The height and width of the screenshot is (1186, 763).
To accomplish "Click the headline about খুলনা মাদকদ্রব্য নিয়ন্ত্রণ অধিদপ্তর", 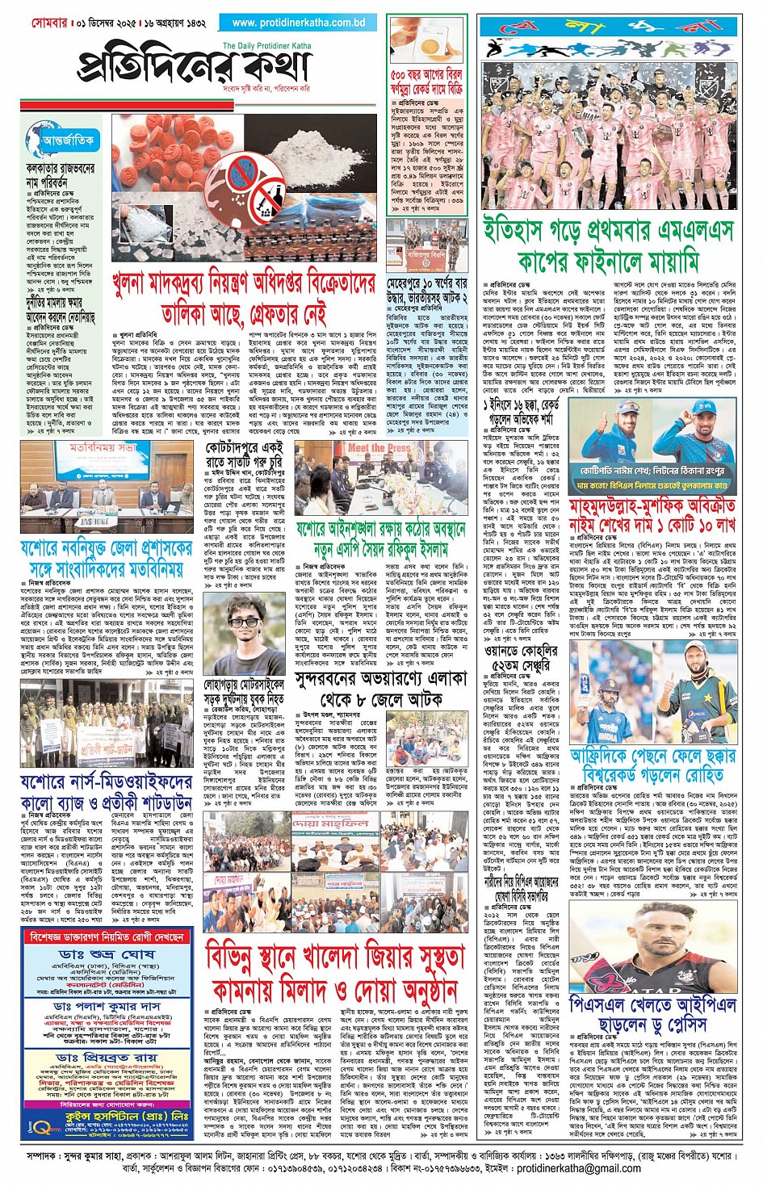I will coord(245,299).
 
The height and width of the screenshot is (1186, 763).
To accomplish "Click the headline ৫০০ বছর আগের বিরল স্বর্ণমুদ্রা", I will coord(426,81).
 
